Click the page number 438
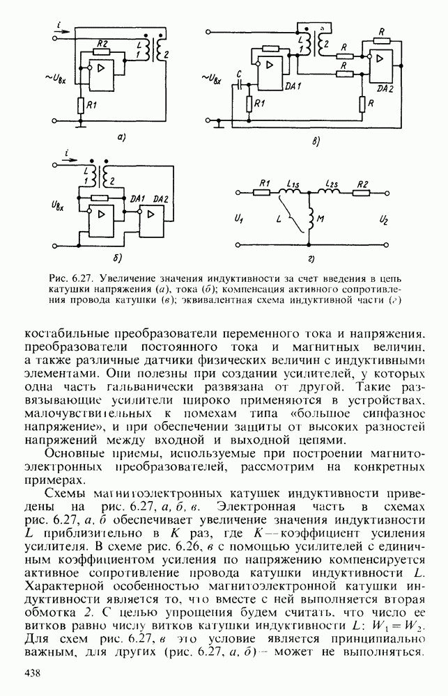(x=34, y=672)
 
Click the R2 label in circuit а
(x=102, y=45)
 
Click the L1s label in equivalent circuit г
(x=293, y=184)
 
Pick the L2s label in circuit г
(x=331, y=184)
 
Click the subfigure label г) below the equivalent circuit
(x=311, y=260)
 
